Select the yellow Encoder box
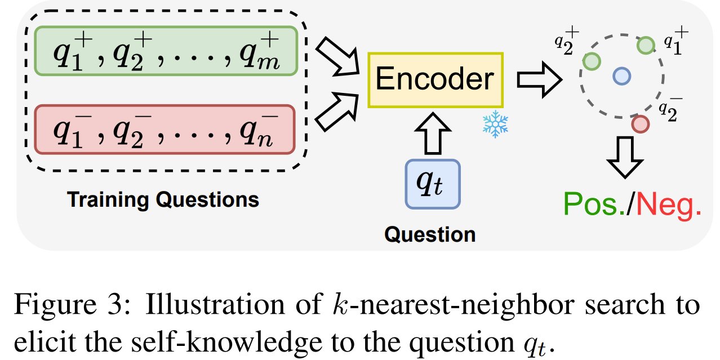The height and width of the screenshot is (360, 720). click(x=435, y=80)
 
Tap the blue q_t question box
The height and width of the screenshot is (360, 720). click(x=433, y=184)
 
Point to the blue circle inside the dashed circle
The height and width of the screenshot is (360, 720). click(x=621, y=75)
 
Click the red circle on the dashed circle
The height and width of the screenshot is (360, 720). click(x=640, y=123)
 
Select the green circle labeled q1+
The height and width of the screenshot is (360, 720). click(x=646, y=45)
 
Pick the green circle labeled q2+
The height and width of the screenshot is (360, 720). click(x=591, y=61)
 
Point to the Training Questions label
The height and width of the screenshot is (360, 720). click(x=163, y=199)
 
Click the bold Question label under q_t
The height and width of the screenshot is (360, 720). click(x=430, y=234)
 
